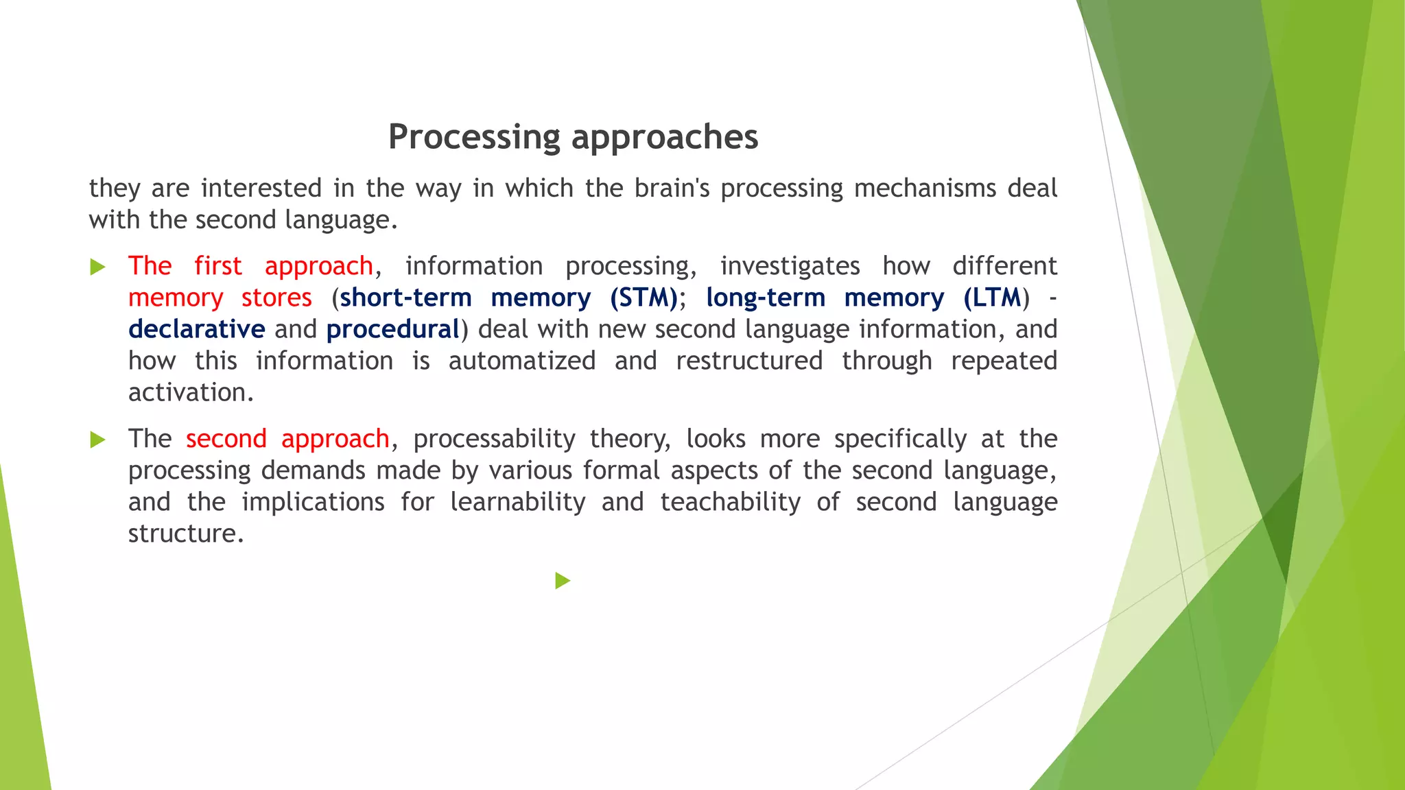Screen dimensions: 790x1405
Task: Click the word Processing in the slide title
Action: pyautogui.click(x=475, y=137)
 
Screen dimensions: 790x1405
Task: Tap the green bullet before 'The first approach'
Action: pyautogui.click(x=98, y=267)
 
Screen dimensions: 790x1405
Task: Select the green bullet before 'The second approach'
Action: pyautogui.click(x=98, y=440)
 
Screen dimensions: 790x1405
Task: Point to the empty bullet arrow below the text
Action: pyautogui.click(x=563, y=581)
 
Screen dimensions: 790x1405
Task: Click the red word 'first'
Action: pyautogui.click(x=217, y=266)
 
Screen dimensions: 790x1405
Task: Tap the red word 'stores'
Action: pyautogui.click(x=276, y=298)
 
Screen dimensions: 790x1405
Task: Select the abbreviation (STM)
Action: pyautogui.click(x=644, y=298)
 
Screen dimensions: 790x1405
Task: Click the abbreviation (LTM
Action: pyautogui.click(x=992, y=298)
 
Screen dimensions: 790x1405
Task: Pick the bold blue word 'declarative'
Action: pyautogui.click(x=197, y=329)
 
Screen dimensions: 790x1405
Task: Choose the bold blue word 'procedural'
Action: pyautogui.click(x=392, y=329)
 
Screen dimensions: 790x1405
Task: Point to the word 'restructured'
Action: pyautogui.click(x=748, y=361)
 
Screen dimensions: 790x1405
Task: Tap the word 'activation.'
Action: pyautogui.click(x=191, y=392)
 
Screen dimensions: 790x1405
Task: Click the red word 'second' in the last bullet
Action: pyautogui.click(x=226, y=439)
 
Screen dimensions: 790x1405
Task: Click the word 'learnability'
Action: pyautogui.click(x=517, y=502)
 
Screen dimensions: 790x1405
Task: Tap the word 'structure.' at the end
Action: pyautogui.click(x=186, y=534)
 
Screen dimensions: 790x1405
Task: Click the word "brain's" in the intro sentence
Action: pyautogui.click(x=672, y=188)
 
